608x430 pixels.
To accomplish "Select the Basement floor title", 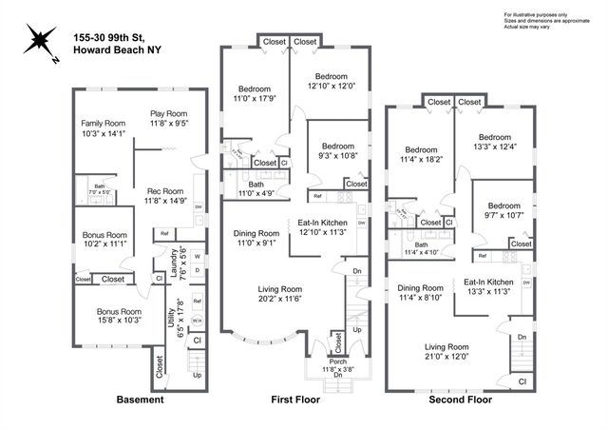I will (140, 400).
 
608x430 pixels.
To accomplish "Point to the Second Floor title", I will (461, 400).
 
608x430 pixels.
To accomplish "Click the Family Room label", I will (103, 124).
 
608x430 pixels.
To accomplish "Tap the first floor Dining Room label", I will (256, 233).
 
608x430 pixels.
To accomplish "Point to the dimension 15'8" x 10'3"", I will (118, 321).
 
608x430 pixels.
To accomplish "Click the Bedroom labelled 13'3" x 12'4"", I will (495, 136).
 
